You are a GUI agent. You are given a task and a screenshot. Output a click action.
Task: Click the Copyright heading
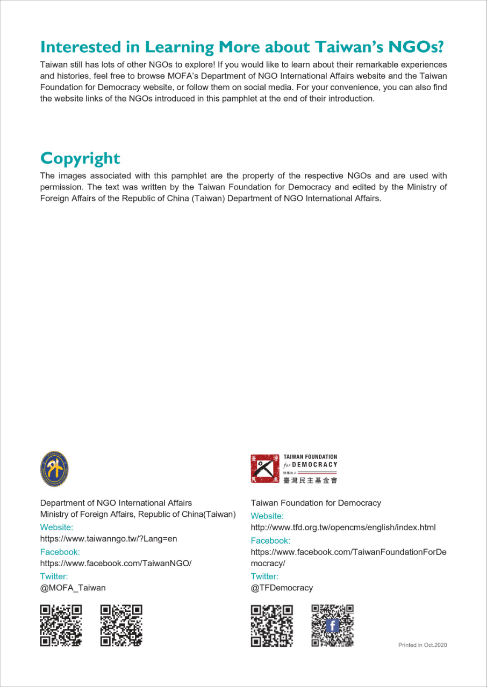coord(80,158)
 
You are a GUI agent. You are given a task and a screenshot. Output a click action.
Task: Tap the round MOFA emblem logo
coord(54,469)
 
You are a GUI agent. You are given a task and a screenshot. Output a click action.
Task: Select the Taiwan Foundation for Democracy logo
coord(294,469)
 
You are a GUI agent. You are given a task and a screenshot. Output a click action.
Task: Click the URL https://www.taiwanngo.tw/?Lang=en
coord(109,538)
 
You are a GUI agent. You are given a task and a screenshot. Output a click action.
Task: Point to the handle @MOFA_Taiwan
coord(73,587)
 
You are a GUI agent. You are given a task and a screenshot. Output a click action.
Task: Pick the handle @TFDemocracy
coord(282,587)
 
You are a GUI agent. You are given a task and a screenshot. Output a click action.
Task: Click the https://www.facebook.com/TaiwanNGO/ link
coord(116,563)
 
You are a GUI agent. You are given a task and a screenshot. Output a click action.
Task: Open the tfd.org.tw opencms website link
coord(343,527)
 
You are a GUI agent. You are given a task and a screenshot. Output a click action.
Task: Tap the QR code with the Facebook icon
coord(333,625)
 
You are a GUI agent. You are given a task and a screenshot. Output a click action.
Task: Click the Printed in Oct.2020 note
coord(422,645)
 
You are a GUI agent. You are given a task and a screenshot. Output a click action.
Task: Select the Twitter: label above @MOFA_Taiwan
coord(54,576)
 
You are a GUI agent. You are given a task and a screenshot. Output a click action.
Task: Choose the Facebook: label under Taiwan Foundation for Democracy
coord(270,540)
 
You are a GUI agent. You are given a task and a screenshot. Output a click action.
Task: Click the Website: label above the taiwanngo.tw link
coord(56,527)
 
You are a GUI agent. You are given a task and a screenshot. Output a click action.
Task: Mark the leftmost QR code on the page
coord(61,625)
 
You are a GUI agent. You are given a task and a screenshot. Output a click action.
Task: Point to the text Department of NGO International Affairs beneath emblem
coord(116,503)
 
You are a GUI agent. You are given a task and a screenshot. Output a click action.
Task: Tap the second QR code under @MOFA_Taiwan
coord(121,625)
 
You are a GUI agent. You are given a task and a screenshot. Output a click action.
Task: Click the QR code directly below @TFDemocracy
coord(272,625)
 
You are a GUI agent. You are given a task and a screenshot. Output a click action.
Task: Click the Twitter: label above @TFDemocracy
coord(265,576)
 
